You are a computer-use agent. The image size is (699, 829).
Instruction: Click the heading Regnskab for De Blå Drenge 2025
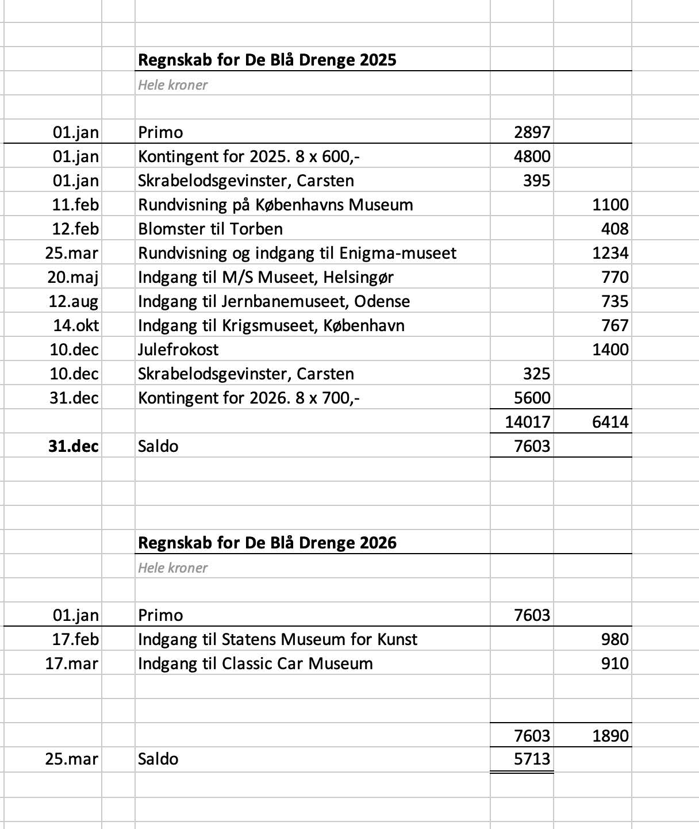pos(267,60)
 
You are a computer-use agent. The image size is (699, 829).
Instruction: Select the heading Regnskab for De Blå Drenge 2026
pos(267,543)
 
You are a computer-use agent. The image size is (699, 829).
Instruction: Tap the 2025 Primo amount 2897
pos(532,133)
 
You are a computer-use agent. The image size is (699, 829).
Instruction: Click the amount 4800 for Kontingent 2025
pos(532,157)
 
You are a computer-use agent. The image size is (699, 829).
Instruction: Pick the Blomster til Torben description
pos(210,229)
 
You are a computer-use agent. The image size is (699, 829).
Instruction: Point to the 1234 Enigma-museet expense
pos(610,254)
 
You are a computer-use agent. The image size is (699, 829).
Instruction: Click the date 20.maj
pos(73,278)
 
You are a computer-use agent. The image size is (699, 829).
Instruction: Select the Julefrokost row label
pos(178,350)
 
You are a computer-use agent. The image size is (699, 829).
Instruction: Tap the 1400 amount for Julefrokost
pos(610,350)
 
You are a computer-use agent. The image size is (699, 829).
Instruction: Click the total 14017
pos(527,422)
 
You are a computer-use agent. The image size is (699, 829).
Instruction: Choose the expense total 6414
pos(610,422)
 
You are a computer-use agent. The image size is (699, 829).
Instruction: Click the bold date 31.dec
pos(73,446)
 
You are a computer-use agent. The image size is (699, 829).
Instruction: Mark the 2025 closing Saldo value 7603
pos(532,446)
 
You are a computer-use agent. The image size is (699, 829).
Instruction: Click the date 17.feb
pos(75,639)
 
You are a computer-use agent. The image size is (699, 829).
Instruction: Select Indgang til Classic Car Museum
pos(255,663)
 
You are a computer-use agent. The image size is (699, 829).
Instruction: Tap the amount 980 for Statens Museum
pos(615,639)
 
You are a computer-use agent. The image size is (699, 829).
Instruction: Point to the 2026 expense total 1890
pos(610,736)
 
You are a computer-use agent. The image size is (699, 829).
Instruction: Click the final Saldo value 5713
pos(532,759)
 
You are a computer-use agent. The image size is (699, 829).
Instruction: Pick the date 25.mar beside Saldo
pos(72,759)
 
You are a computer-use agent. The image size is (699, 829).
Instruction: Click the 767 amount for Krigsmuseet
pos(615,325)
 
